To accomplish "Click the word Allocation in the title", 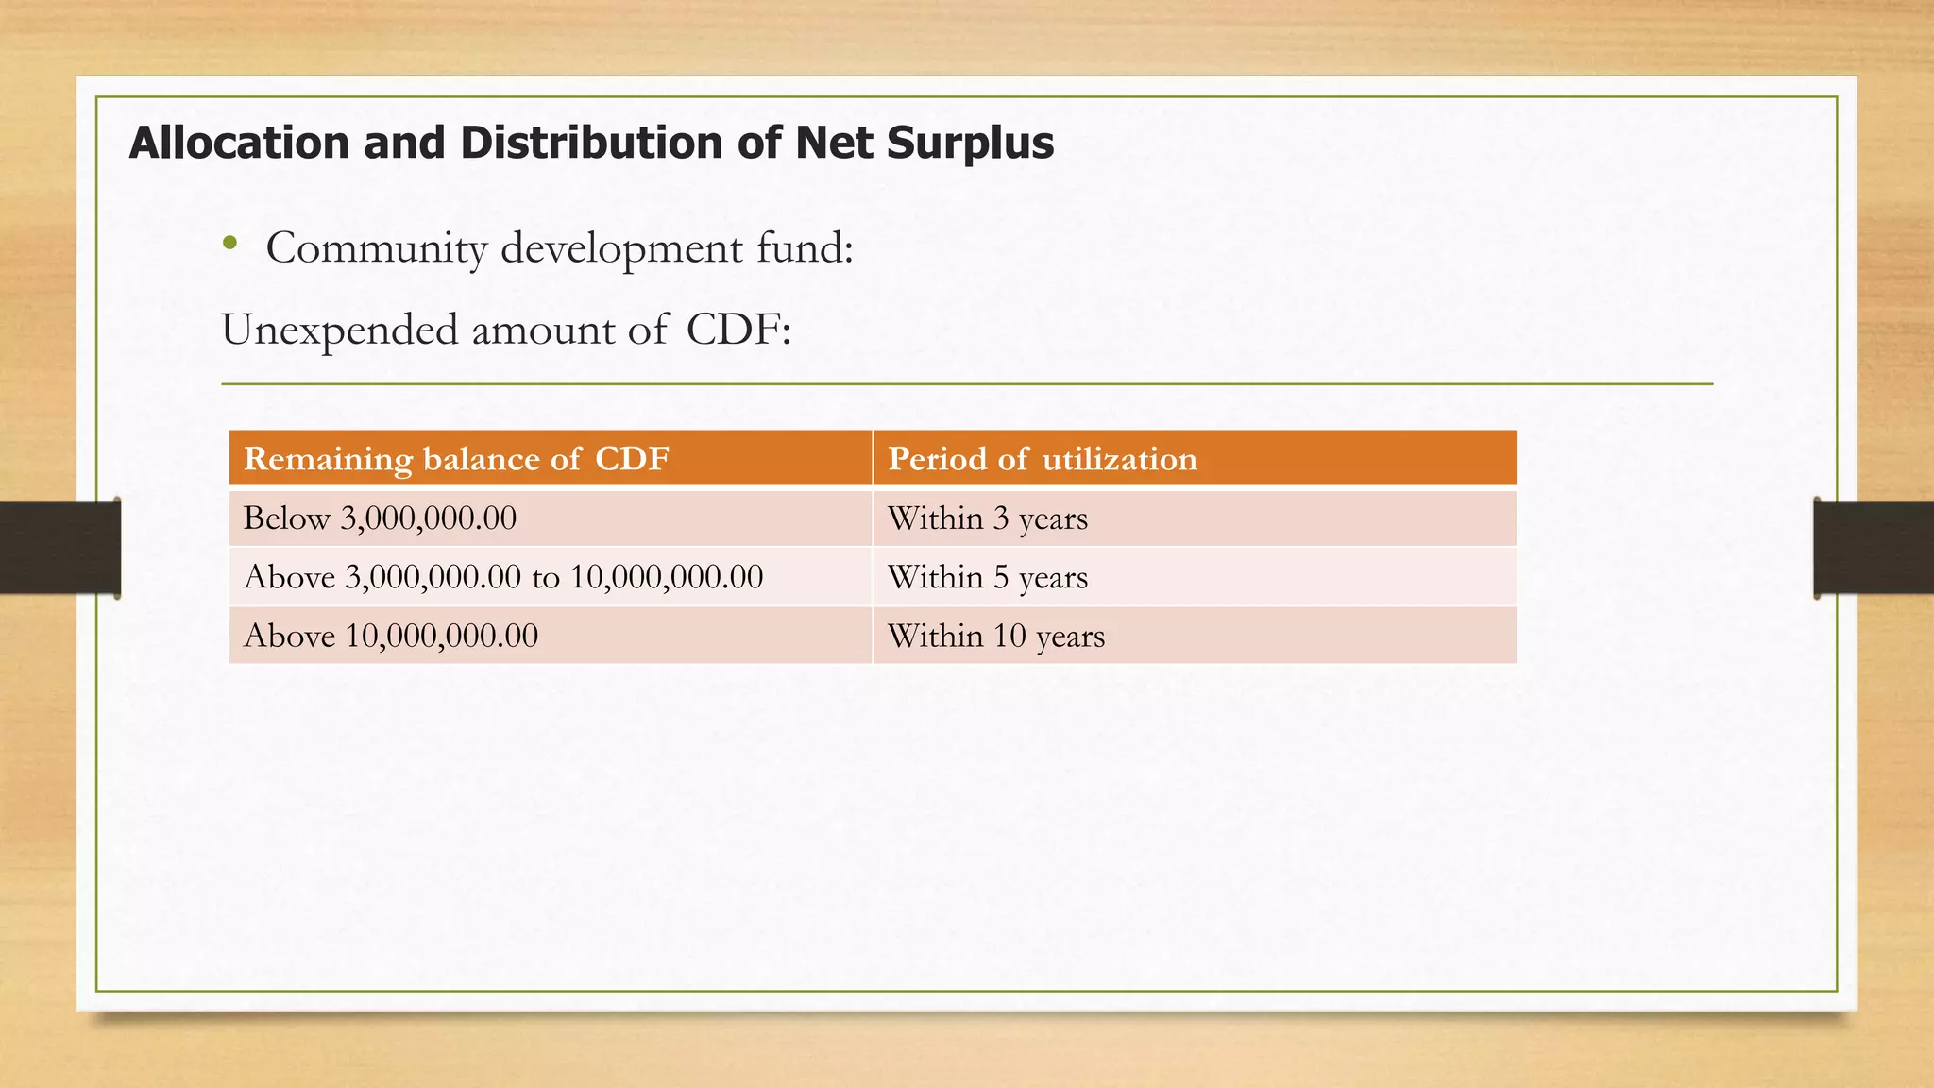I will coord(240,143).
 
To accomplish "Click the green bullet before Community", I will coord(229,244).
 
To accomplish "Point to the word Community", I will coord(376,248).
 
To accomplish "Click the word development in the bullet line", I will coord(621,248).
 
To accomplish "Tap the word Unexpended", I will coord(339,331).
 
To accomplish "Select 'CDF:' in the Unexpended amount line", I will coord(738,331).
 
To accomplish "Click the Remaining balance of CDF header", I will coord(456,459).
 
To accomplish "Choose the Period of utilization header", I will coord(1042,459).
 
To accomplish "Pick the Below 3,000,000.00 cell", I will coord(380,518).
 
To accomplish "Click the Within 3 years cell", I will coord(987,518).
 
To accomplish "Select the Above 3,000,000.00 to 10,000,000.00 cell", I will coord(502,577).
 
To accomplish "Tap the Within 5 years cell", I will coord(987,577).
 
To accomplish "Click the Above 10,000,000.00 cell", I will coord(390,636).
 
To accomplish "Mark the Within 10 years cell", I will coord(995,636).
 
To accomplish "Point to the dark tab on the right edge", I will coord(1874,548).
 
